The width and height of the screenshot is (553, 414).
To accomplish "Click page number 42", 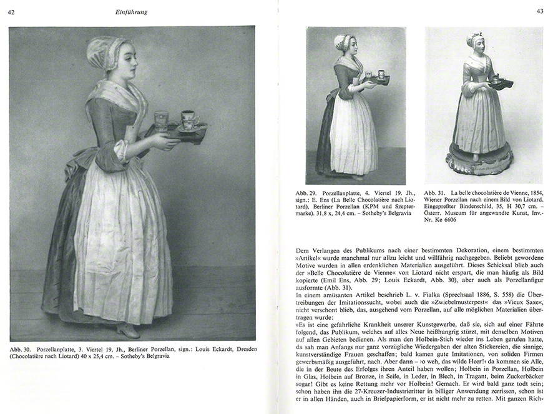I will [x=12, y=11].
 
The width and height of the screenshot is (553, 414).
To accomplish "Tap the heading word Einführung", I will [x=130, y=11].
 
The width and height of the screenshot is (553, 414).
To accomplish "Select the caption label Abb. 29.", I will [x=306, y=194].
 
